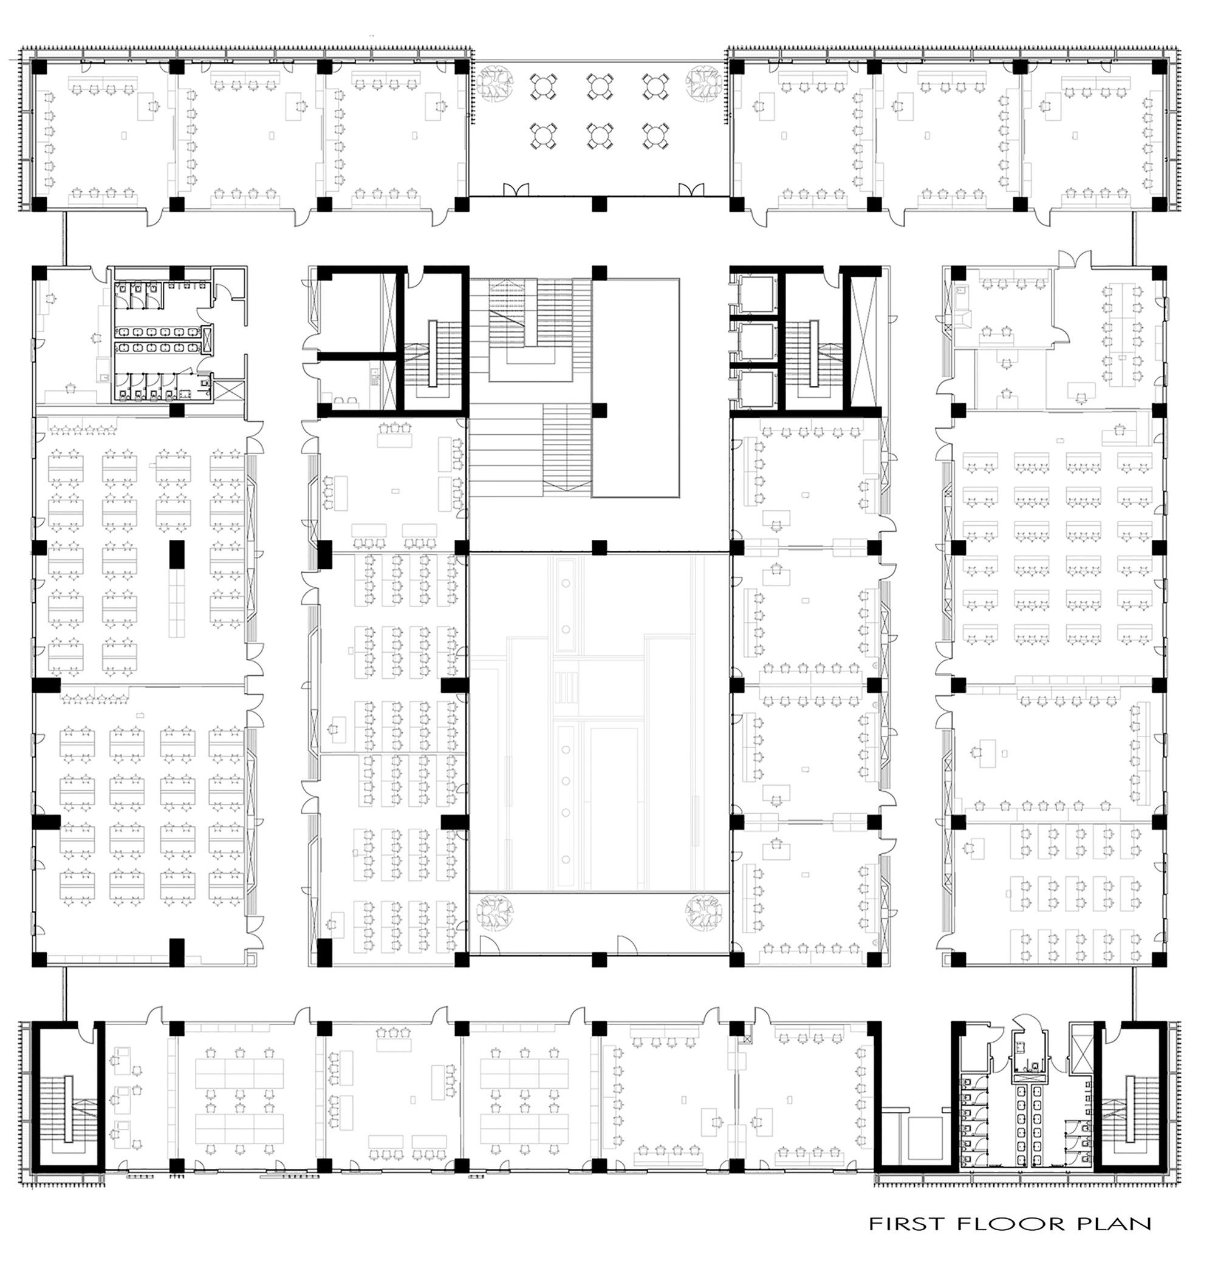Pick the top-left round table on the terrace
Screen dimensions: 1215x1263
point(542,86)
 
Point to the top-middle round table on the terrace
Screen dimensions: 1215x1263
point(600,86)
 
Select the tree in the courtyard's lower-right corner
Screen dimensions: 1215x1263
point(703,911)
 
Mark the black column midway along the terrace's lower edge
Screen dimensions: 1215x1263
point(600,203)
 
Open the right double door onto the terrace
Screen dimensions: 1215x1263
point(689,189)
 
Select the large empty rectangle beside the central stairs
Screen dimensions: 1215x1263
point(636,387)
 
